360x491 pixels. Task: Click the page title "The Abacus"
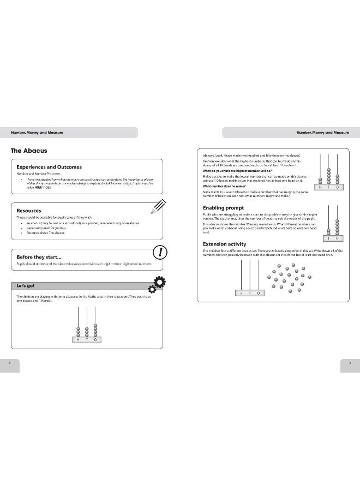tap(29, 150)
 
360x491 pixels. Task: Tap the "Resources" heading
tap(28, 210)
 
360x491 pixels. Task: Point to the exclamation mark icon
tap(161, 252)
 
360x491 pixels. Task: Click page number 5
tap(350, 363)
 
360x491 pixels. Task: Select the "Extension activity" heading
tap(224, 244)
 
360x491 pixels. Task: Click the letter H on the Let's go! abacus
tap(78, 339)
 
